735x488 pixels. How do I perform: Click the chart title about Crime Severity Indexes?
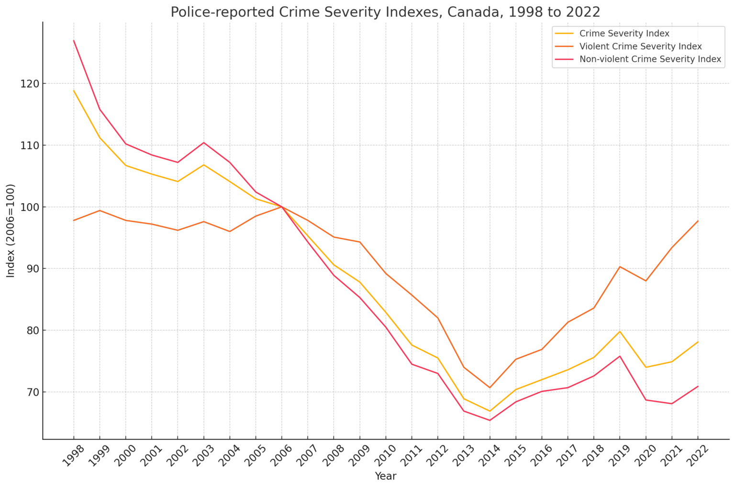click(385, 12)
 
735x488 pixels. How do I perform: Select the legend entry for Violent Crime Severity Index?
click(640, 46)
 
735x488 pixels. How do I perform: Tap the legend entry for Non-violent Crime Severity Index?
click(650, 59)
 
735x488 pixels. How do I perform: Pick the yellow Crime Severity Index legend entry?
click(624, 33)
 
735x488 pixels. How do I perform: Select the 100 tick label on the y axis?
click(30, 207)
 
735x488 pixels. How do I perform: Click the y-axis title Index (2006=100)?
click(11, 231)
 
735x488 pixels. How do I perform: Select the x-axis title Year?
click(385, 476)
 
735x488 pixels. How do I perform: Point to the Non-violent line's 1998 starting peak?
click(74, 41)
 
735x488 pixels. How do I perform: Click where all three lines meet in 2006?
click(282, 207)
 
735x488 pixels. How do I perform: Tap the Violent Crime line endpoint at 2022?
click(698, 221)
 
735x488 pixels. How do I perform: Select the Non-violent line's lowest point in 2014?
click(490, 421)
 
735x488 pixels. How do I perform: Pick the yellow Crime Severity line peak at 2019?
click(620, 332)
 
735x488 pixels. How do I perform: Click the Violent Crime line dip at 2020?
click(646, 281)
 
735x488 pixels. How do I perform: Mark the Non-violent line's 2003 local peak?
click(204, 143)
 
